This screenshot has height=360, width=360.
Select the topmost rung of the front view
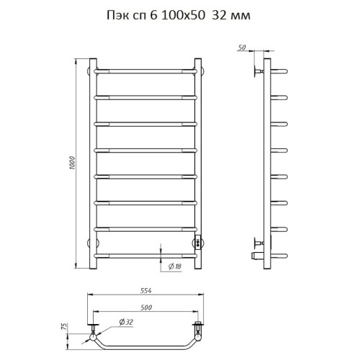146,71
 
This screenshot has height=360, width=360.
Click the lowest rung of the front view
146,254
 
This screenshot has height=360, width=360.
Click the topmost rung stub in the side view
279,71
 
